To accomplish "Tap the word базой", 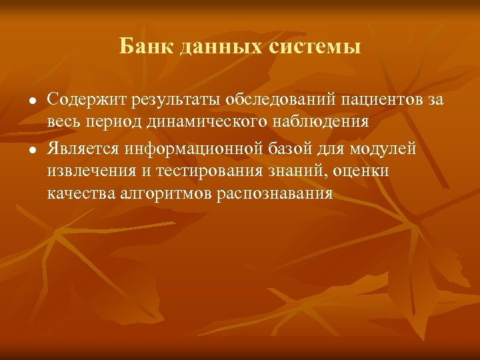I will point(278,147).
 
